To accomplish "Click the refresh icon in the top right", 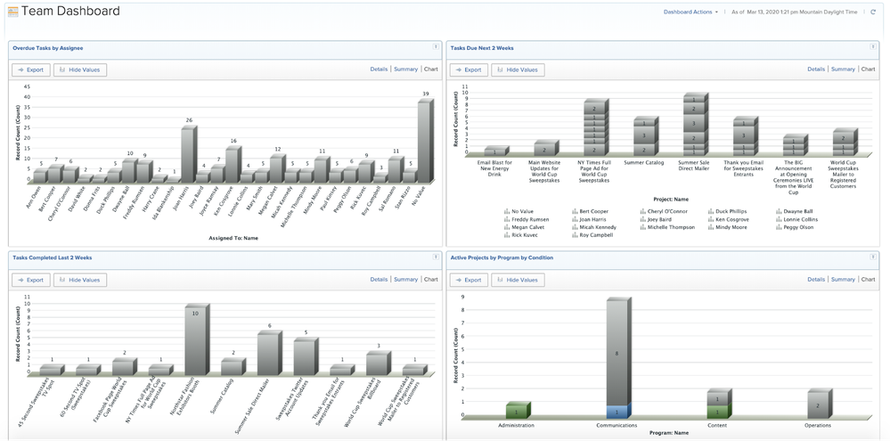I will click(x=873, y=12).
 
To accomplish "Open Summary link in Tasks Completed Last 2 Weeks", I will click(x=405, y=280).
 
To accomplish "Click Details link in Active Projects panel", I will click(x=816, y=280).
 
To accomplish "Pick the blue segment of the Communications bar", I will click(x=617, y=412).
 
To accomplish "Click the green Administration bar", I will click(x=517, y=411).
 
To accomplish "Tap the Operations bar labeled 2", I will click(x=818, y=404).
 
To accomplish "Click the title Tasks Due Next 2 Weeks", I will click(x=482, y=48).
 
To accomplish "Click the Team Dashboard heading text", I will click(x=70, y=12).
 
